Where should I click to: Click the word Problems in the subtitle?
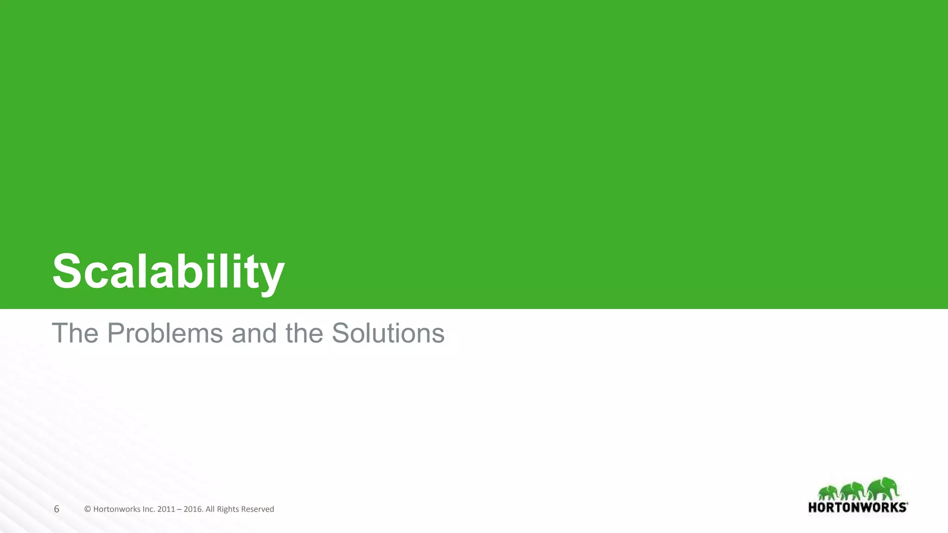coord(165,333)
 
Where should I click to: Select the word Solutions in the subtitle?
coord(388,333)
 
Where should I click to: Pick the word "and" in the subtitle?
coord(254,333)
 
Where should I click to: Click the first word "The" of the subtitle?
coord(75,333)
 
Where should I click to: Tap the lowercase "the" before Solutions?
coord(304,333)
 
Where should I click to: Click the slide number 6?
coord(56,509)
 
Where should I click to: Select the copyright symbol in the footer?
coord(87,509)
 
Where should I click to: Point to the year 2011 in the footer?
coord(166,509)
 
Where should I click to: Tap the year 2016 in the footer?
coord(193,509)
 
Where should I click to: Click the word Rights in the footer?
coord(227,509)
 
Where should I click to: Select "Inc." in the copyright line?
coord(148,509)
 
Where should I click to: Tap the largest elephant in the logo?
coord(882,489)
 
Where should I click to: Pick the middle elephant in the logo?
coord(853,491)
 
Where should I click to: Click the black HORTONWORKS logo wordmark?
coord(858,508)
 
